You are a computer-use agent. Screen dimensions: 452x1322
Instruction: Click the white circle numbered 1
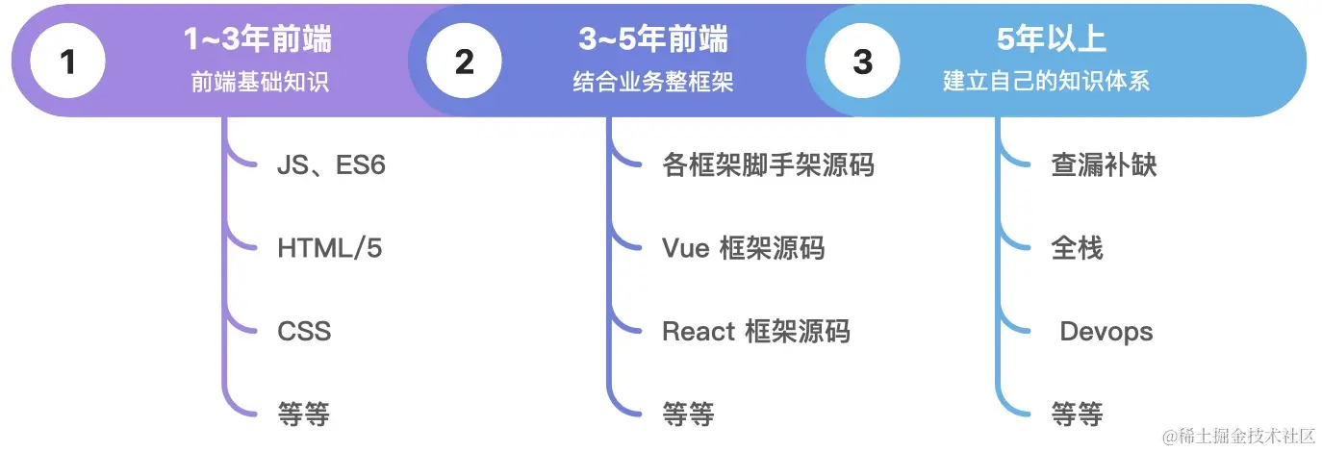point(67,62)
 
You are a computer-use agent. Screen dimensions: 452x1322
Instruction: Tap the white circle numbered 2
point(464,62)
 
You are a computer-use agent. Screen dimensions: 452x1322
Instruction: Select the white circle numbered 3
point(862,62)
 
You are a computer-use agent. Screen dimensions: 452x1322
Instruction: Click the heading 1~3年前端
point(258,40)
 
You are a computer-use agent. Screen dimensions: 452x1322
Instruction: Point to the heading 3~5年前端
point(653,40)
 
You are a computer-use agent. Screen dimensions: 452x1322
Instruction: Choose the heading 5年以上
point(1052,40)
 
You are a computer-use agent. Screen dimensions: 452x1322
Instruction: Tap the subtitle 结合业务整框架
point(653,82)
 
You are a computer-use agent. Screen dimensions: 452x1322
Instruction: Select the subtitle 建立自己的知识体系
point(1052,82)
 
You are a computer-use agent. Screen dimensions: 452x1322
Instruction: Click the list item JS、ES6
point(331,165)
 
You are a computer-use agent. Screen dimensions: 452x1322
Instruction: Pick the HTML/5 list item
point(329,249)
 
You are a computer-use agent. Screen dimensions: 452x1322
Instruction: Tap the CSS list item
point(304,332)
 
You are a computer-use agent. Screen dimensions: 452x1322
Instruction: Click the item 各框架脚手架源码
point(768,165)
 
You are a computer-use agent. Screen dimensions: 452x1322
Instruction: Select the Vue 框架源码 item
point(743,249)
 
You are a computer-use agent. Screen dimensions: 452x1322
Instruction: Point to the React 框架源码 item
point(755,332)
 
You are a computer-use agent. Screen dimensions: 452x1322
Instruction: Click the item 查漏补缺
point(1103,165)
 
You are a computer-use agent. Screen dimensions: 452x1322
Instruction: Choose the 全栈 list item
point(1077,249)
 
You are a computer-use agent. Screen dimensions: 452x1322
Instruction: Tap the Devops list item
point(1106,332)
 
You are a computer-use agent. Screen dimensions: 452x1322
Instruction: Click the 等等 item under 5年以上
point(1077,414)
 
